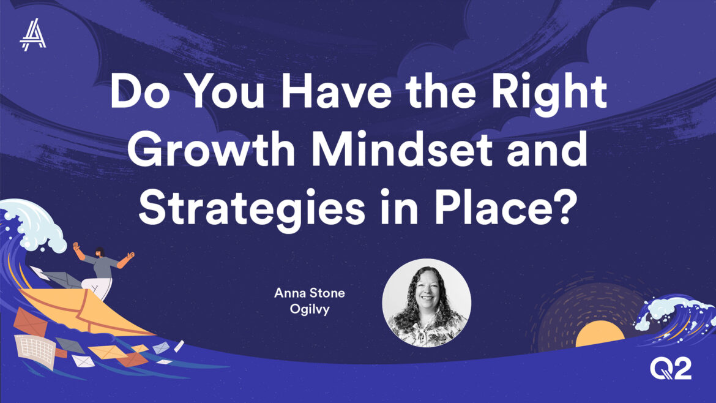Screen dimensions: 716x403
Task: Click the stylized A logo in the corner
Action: coord(33,35)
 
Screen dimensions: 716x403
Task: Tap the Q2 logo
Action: coord(670,369)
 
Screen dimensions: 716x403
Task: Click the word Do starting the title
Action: coord(140,91)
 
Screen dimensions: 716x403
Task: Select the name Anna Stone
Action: coord(310,293)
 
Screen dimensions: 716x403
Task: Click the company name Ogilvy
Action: coord(310,309)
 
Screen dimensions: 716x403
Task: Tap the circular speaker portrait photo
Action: coord(427,303)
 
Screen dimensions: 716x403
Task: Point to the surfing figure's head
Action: coord(100,252)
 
